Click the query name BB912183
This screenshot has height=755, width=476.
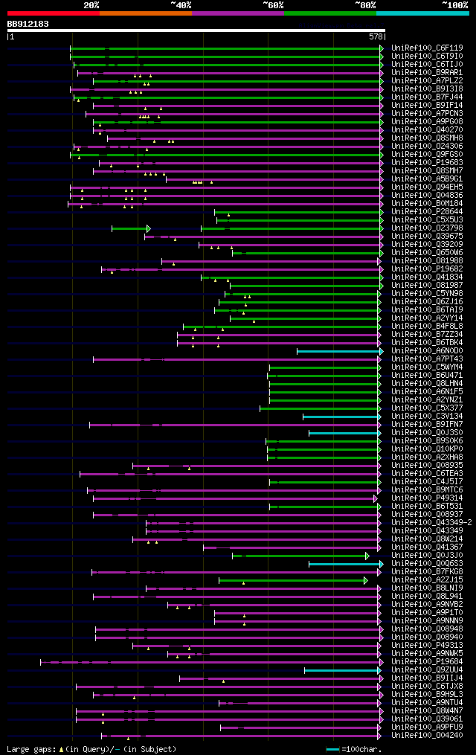point(28,24)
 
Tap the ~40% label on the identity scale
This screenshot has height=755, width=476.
point(181,5)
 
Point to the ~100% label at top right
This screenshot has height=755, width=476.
point(455,5)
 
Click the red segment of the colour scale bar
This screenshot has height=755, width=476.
point(53,13)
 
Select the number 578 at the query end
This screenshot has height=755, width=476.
point(376,36)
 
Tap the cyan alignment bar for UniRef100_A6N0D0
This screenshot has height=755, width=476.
point(338,351)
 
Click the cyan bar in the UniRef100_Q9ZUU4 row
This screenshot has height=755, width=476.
point(341,670)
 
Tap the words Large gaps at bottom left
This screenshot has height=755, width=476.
point(30,749)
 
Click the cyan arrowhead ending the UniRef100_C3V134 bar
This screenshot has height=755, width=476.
point(381,417)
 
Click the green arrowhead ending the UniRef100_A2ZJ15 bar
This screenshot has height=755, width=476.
point(366,580)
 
